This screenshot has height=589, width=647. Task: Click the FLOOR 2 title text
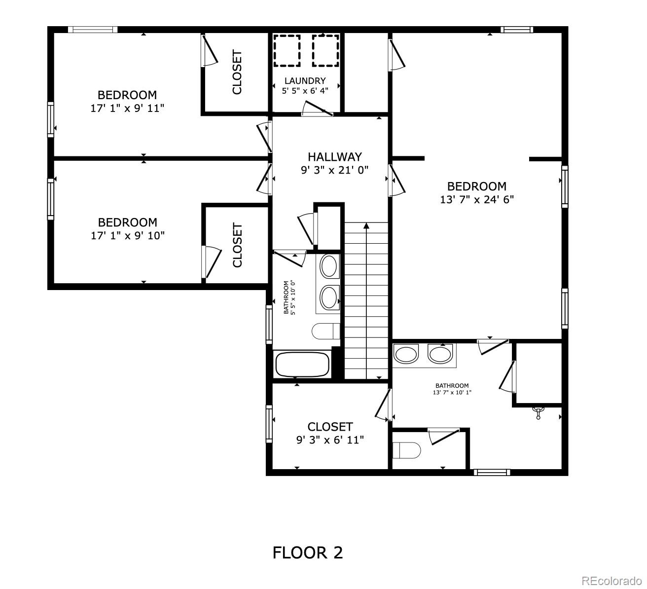pos(307,552)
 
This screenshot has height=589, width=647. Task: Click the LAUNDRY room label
pos(305,81)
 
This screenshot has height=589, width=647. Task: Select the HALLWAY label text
pos(335,157)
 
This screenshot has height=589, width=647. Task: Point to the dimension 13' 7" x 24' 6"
pos(477,199)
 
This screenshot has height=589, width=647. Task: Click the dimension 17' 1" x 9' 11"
pos(127,108)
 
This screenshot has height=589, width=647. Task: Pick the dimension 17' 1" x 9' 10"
pos(127,235)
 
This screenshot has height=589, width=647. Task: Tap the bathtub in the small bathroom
pos(302,365)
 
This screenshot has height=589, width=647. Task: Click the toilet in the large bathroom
pos(406,450)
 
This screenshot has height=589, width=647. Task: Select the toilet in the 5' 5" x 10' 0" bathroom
pos(326,331)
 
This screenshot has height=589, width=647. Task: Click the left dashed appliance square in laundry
pos(287,51)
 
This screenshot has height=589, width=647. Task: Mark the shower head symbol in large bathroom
pos(539,412)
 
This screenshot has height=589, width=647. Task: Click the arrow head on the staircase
pos(366,226)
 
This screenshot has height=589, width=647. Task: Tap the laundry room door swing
pos(318,109)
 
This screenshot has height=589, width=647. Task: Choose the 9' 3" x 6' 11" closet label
pos(330,433)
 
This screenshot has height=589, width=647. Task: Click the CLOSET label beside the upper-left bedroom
pos(237,72)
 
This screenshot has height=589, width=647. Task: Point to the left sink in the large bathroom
pos(406,355)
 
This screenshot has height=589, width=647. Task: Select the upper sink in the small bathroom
pos(328,267)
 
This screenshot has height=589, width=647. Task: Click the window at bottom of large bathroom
pos(491,472)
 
